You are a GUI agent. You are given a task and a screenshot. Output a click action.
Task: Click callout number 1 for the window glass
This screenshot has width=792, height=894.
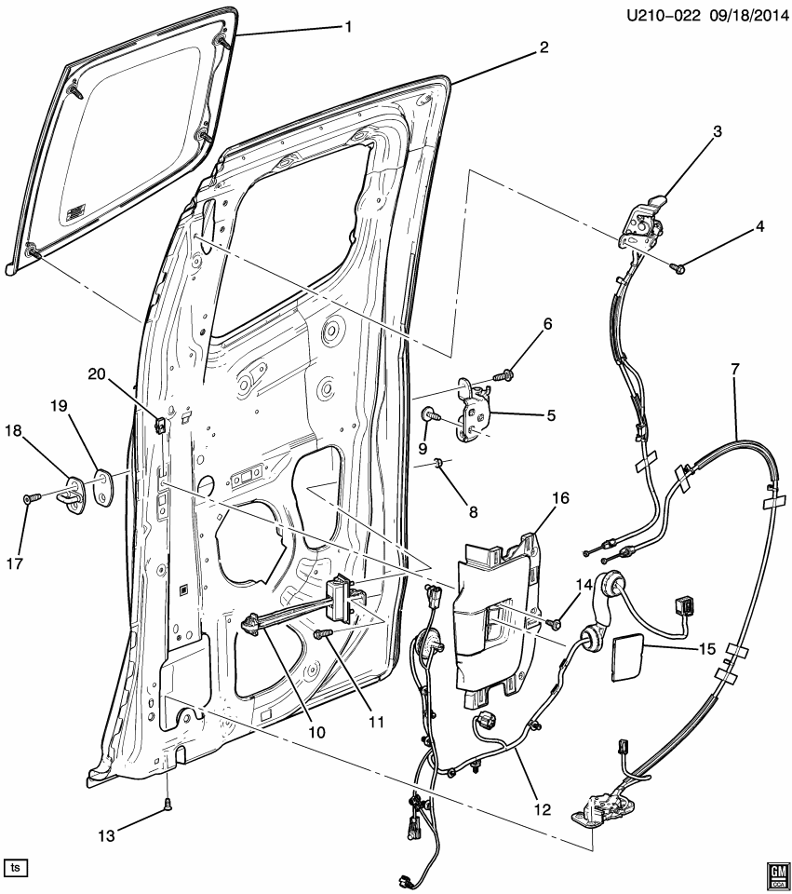pos(348,27)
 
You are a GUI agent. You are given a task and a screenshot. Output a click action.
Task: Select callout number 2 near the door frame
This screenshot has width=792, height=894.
pos(544,46)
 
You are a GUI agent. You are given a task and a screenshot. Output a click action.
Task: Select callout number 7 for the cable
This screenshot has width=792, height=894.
pos(735,370)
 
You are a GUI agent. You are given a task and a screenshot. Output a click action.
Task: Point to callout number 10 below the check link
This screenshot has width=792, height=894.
pos(318,732)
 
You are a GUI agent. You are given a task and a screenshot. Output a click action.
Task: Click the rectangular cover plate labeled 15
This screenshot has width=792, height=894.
pos(633,656)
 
